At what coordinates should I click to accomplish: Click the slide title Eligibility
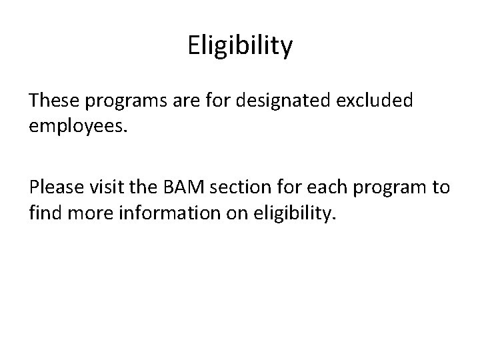[x=240, y=46]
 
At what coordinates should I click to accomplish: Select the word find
[x=45, y=213]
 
